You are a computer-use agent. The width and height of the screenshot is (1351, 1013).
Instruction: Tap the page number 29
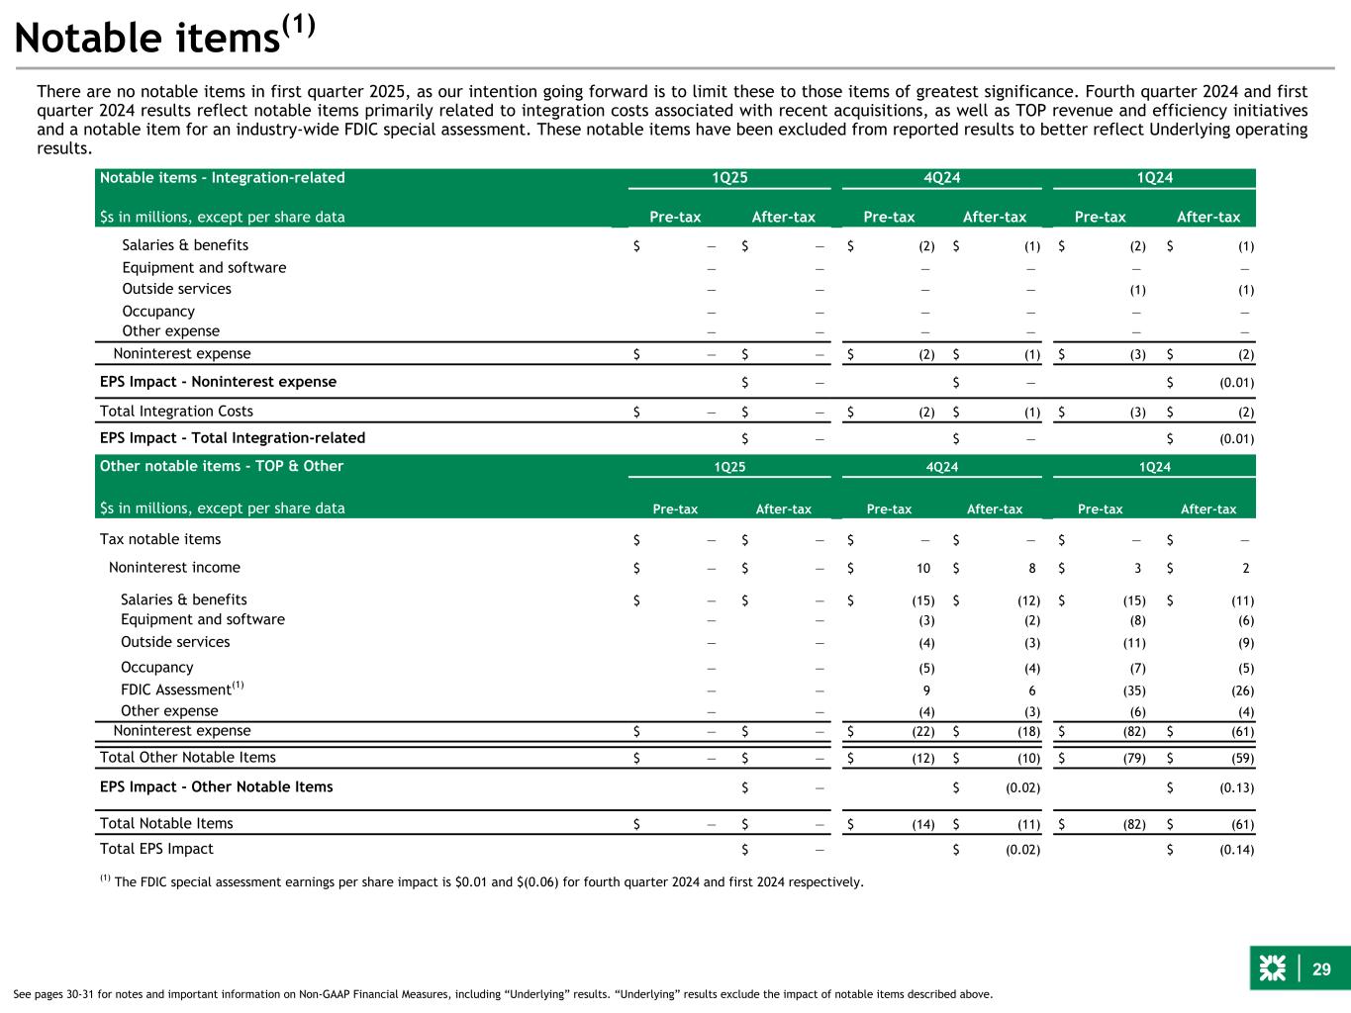tap(1321, 968)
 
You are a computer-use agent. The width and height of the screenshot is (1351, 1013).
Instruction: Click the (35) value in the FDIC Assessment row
tap(1135, 691)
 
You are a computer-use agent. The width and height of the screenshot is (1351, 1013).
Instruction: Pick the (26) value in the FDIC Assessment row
tap(1243, 691)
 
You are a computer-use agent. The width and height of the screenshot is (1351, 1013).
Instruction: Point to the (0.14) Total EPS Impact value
tap(1237, 849)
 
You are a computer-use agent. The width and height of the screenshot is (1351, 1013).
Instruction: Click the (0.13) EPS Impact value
tap(1237, 787)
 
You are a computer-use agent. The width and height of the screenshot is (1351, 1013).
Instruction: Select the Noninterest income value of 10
tap(923, 568)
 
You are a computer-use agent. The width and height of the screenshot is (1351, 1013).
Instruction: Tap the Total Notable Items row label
tap(166, 823)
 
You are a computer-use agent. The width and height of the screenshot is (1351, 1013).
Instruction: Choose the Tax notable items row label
tap(160, 539)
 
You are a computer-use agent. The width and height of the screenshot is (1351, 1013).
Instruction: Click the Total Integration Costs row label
tap(176, 411)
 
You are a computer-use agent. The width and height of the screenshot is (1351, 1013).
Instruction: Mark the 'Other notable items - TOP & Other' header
tap(222, 466)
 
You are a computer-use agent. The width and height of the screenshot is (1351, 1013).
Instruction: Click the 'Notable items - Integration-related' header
tap(222, 178)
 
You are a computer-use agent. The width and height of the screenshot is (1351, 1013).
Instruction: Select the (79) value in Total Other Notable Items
tap(1135, 758)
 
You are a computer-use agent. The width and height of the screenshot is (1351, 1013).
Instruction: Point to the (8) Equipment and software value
tap(1138, 620)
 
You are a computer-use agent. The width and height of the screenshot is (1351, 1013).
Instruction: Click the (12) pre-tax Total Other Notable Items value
tap(923, 758)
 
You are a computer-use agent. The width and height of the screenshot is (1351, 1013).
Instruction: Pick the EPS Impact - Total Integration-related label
tap(233, 437)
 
